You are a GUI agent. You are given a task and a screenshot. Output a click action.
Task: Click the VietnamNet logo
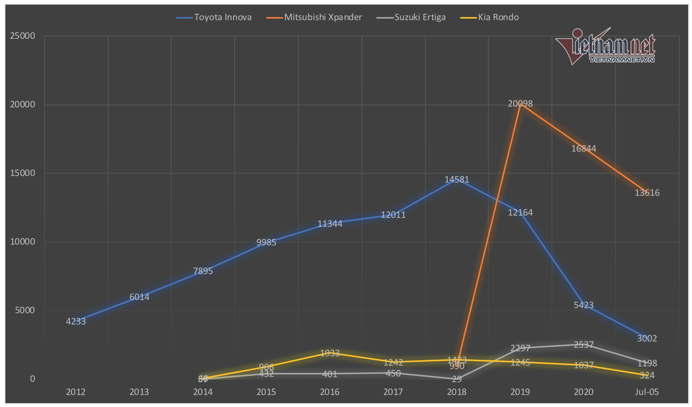tap(605, 47)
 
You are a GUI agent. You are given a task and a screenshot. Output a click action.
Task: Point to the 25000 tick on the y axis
tap(22, 36)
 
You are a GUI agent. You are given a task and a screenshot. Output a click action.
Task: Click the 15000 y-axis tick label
tap(22, 173)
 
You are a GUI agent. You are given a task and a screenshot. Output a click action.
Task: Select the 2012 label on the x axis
tap(76, 392)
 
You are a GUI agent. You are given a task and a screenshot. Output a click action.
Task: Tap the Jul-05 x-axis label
tap(647, 392)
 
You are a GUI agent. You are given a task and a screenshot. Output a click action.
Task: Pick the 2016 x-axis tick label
tap(330, 392)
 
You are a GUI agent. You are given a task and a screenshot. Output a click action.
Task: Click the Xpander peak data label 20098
tap(520, 104)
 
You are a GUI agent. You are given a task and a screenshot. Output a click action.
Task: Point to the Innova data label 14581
tap(457, 180)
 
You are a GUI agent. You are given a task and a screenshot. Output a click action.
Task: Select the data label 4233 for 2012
tap(76, 321)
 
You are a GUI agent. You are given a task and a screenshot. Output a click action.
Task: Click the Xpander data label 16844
tap(583, 149)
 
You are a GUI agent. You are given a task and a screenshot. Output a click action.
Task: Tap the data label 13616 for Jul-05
tap(647, 193)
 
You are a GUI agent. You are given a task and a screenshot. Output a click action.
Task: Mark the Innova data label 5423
tap(583, 305)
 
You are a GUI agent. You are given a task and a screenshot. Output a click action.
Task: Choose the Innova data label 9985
tap(266, 243)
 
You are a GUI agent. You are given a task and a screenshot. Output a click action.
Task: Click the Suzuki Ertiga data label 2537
tap(583, 345)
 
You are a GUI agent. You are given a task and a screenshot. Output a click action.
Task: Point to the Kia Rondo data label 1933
tap(330, 354)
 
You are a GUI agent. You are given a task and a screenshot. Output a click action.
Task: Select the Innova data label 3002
tap(647, 339)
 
